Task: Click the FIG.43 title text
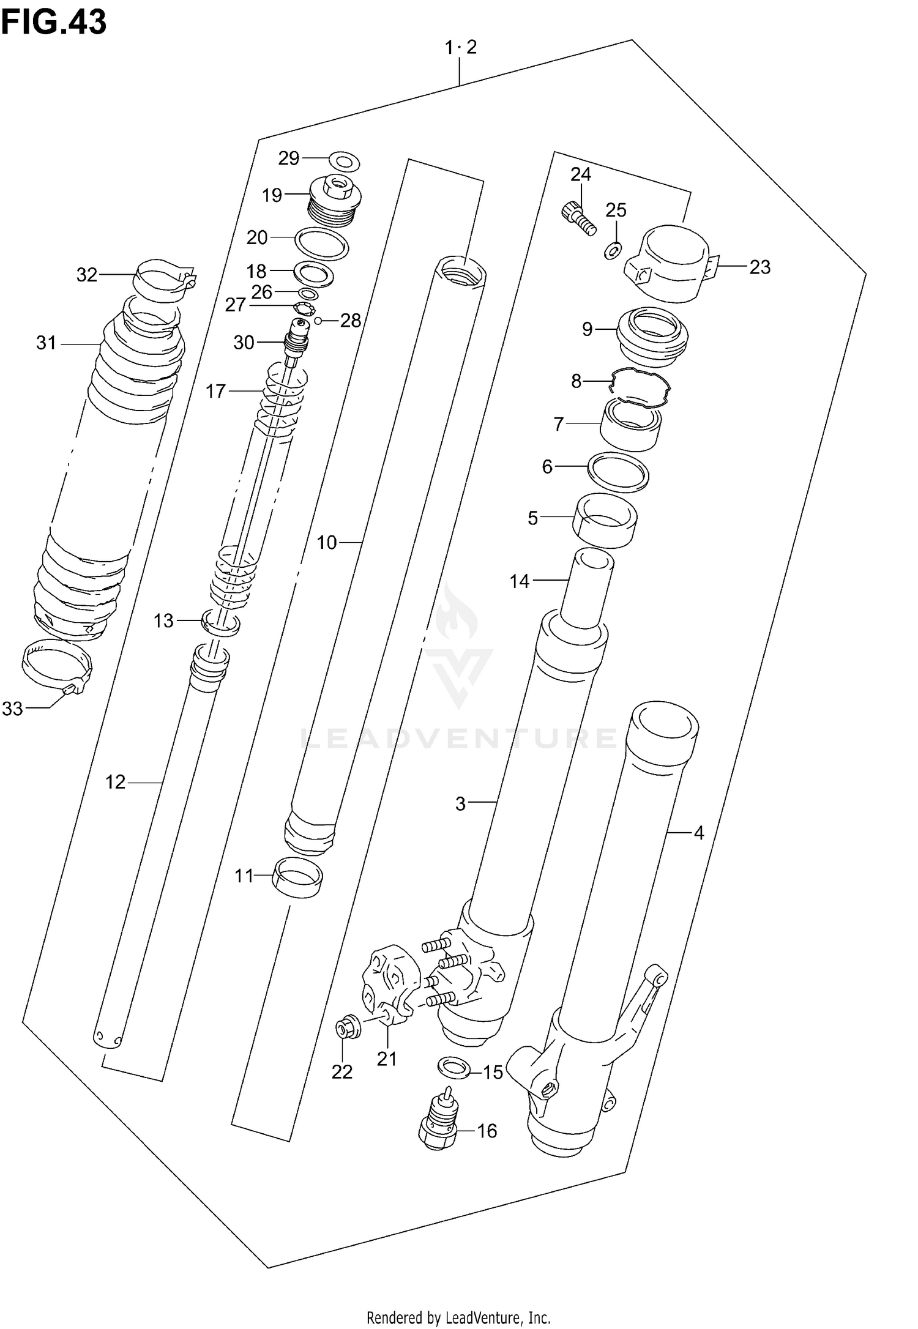coord(54,23)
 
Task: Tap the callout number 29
coord(289,158)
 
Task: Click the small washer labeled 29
coord(345,162)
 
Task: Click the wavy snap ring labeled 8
coord(641,388)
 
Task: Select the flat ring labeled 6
coord(618,472)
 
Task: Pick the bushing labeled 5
coord(605,521)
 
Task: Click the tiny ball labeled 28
coord(318,321)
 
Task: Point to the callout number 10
coord(327,543)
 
